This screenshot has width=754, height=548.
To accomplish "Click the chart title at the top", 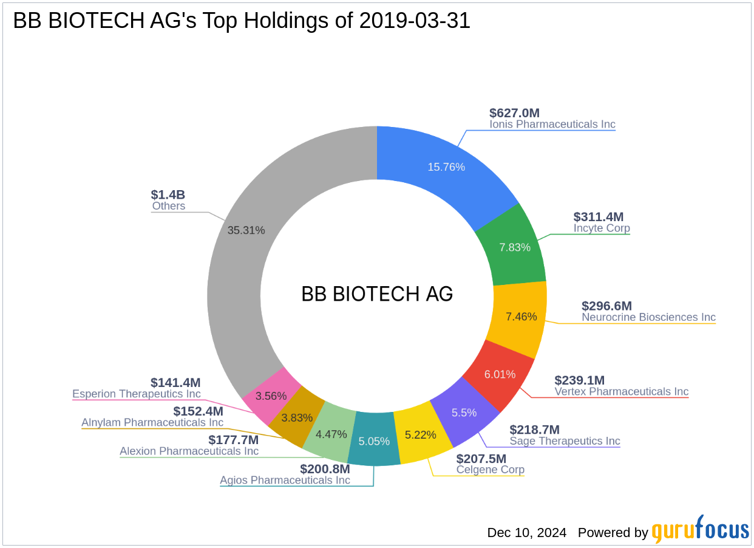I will pos(242,21).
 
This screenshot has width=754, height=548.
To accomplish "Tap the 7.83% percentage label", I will pos(515,247).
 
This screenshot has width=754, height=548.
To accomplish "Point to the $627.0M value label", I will pos(514,112).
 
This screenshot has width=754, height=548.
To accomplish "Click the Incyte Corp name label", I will pos(602,228).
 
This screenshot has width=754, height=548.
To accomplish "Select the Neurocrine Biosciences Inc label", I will pos(648,317).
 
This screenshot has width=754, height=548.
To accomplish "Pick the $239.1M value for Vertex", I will pos(579,380).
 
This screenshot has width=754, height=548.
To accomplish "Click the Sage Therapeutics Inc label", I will pos(565,441).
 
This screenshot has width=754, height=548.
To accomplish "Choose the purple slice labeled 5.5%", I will pos(464,413).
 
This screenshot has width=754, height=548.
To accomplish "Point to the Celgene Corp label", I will pos(491,470).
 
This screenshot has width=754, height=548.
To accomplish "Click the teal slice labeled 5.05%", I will pos(375,441).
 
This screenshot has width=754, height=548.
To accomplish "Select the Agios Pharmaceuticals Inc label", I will pos(285,481).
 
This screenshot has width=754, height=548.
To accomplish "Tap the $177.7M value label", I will pos(233,440).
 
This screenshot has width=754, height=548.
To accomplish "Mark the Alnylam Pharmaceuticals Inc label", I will pos(152,422).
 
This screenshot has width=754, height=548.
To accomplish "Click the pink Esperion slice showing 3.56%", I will pos(271,396).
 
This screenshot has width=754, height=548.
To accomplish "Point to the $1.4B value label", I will pos(168,194).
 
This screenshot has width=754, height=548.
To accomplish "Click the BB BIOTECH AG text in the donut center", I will pos(377,294).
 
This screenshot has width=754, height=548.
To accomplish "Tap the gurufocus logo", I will pos(700,530).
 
